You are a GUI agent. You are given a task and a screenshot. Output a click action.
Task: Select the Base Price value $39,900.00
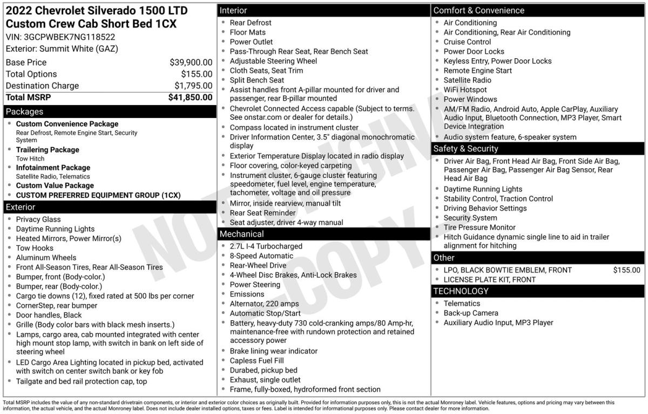(x=191, y=63)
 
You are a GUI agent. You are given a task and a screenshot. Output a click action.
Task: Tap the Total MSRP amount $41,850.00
(x=190, y=98)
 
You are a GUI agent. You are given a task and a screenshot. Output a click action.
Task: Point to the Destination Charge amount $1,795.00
(x=193, y=86)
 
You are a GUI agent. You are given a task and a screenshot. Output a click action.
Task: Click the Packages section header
(x=24, y=112)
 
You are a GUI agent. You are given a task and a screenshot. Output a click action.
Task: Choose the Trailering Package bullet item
(x=48, y=150)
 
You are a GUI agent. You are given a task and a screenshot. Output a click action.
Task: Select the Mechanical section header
(x=241, y=234)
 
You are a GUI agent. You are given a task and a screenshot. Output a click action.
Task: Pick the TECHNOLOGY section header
(x=461, y=291)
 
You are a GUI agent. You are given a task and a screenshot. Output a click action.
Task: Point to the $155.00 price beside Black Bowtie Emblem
(x=626, y=270)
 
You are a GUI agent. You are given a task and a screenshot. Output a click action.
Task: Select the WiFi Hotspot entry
(x=465, y=90)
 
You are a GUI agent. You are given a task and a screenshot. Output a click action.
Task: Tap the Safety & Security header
(x=465, y=148)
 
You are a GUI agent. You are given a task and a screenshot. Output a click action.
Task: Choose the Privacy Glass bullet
(x=38, y=219)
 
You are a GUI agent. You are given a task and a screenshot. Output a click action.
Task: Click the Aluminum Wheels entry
(x=46, y=258)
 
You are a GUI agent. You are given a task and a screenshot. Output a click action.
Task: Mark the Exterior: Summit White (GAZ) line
(x=62, y=49)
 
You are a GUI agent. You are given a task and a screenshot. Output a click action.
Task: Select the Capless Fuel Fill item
(x=256, y=361)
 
